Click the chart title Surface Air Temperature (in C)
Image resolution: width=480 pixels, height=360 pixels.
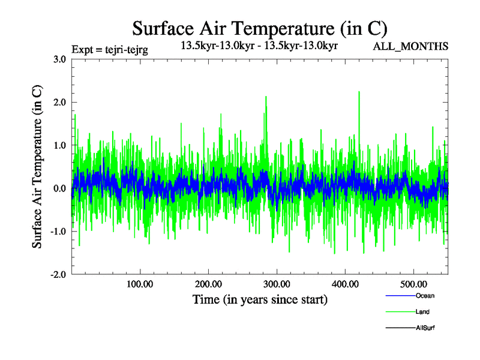259,28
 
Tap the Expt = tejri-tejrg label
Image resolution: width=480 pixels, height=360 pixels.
110,49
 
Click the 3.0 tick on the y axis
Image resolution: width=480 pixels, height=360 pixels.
60,59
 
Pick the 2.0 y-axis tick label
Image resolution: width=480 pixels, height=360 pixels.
60,102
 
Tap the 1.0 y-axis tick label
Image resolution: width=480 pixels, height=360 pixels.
60,145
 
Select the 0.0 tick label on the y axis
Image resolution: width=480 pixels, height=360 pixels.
60,188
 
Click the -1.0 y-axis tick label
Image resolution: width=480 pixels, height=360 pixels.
58,232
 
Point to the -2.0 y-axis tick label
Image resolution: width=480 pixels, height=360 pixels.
58,275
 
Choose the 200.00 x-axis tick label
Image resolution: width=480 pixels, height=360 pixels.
208,283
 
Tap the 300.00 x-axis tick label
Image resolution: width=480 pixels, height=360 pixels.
277,283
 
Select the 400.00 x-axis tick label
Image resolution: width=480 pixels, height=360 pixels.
345,283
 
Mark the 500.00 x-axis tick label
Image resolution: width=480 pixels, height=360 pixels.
413,283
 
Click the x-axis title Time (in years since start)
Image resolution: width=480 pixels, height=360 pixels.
260,299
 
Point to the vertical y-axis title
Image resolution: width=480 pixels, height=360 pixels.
37,167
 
